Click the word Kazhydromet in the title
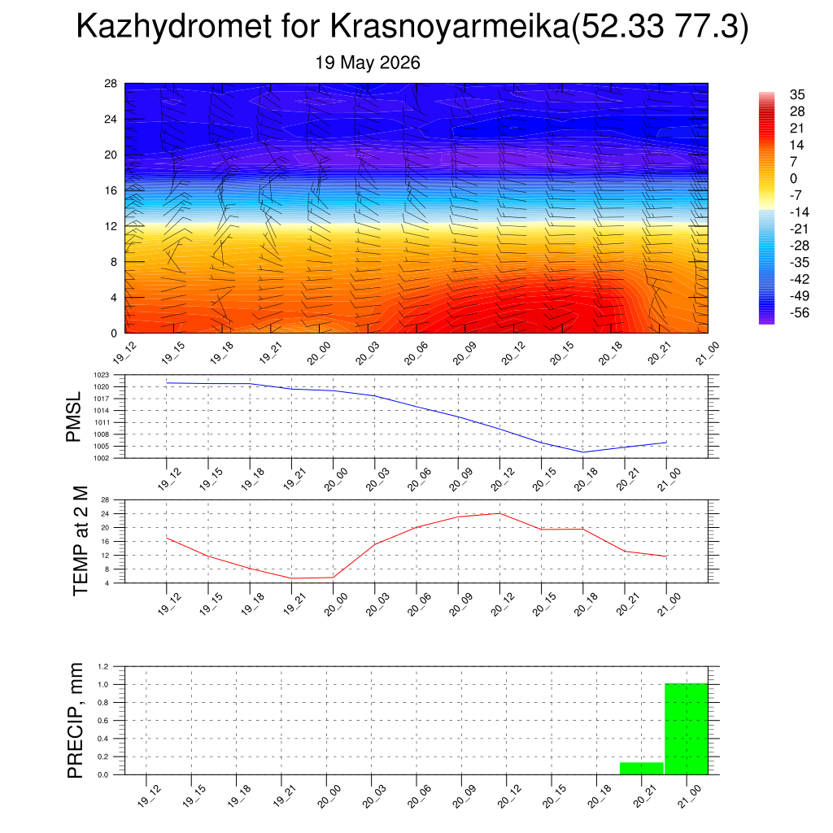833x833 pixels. point(174,25)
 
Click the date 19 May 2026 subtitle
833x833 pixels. point(368,63)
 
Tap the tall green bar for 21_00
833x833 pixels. point(687,729)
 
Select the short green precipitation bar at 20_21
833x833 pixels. point(642,768)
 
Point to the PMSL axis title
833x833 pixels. point(73,416)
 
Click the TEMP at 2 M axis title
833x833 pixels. point(81,541)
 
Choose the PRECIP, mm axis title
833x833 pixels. point(76,721)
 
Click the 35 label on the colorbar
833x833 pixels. point(797,94)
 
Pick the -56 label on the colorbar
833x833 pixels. point(800,313)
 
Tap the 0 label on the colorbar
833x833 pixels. point(794,178)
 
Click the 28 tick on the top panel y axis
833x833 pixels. point(111,84)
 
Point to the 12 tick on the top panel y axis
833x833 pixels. point(111,226)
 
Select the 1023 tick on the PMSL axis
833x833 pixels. point(102,375)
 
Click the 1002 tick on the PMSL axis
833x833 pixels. point(102,458)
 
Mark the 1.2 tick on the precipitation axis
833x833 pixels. point(103,666)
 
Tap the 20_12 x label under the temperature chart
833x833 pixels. point(503,604)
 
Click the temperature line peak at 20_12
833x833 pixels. point(499,513)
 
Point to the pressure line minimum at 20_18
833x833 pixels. point(582,452)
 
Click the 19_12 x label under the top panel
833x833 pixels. point(124,352)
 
